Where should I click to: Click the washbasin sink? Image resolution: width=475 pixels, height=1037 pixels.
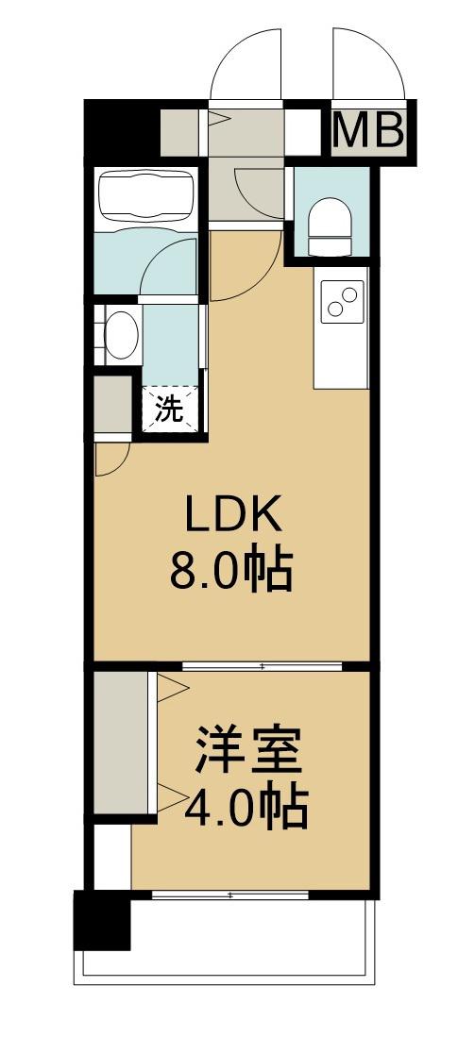120,335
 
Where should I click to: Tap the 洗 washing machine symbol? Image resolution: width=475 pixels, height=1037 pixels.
170,410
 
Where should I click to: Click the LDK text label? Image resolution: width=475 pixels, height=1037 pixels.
231,516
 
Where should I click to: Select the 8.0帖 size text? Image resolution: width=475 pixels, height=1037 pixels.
231,569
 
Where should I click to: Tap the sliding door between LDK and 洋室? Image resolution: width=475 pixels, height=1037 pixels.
262,666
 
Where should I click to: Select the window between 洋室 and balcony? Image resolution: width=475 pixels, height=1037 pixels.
231,892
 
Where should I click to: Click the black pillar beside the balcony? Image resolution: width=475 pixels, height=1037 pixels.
101,920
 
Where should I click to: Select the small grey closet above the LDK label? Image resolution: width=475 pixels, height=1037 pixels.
112,404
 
